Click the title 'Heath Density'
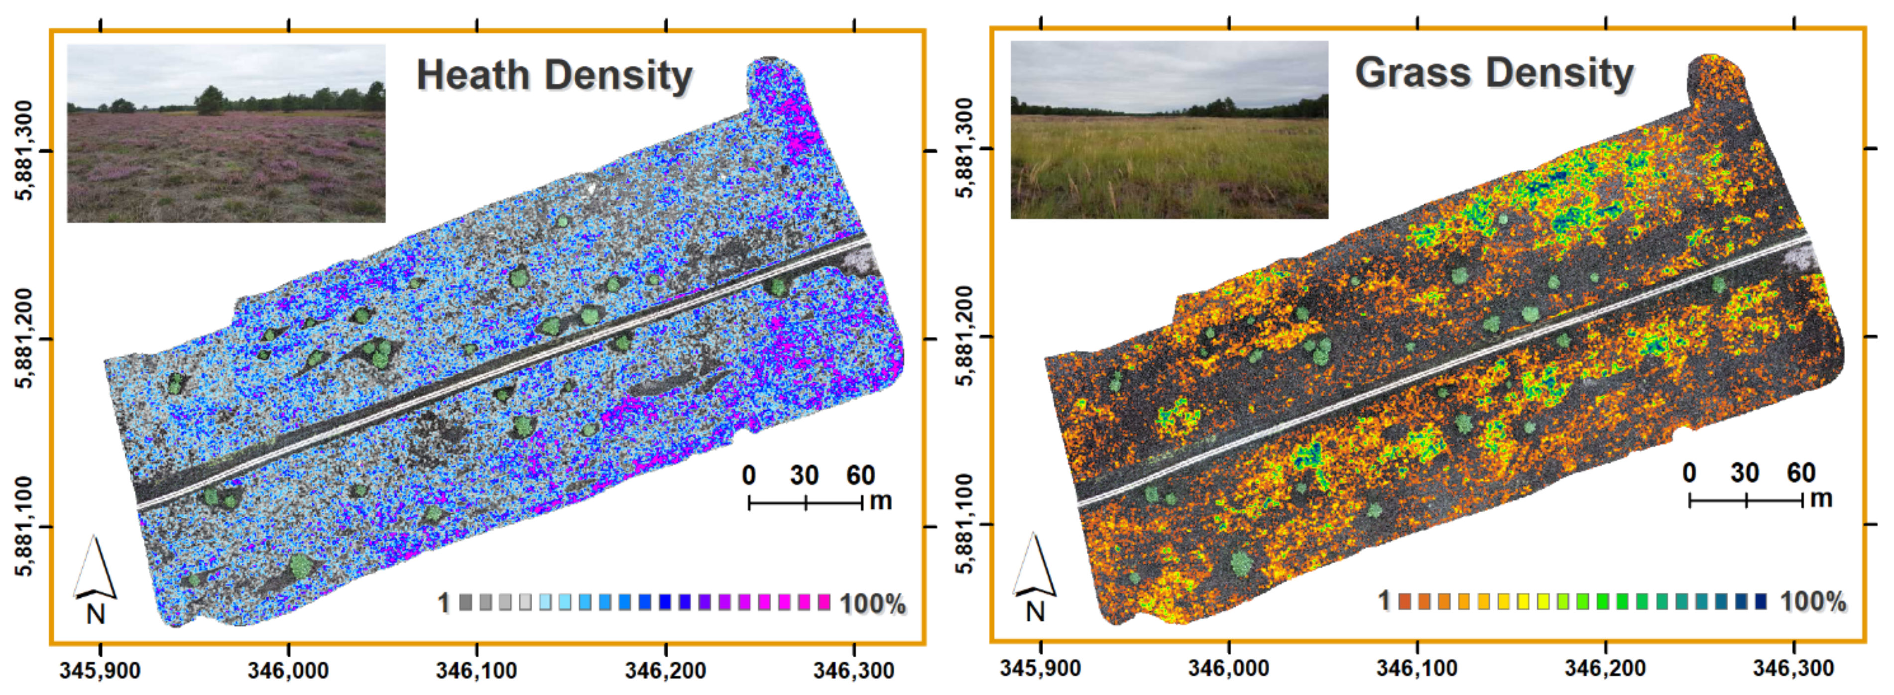click(554, 76)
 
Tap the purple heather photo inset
click(226, 133)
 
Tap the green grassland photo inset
click(1169, 129)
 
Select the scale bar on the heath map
click(805, 503)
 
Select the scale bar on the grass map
click(1746, 501)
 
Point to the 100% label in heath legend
click(873, 604)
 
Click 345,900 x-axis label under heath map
click(100, 671)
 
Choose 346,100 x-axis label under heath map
click(476, 671)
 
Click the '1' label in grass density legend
click(1384, 601)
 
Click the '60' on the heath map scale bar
click(860, 476)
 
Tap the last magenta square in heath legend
click(824, 602)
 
